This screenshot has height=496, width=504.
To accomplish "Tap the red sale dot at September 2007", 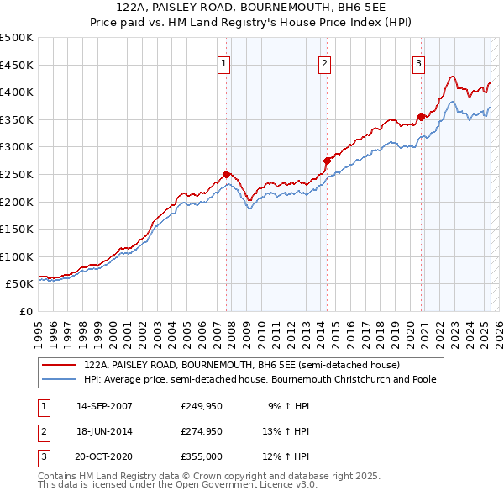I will (226, 174).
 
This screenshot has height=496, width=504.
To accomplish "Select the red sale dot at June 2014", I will (327, 160).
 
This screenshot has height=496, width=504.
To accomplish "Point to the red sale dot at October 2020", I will (421, 117).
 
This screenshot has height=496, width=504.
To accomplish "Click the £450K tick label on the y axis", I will (17, 65).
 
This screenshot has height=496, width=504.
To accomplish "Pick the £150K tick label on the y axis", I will (17, 229).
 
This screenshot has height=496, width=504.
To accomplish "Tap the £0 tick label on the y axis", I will (25, 311).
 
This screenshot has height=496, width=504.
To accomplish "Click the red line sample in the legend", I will (60, 365).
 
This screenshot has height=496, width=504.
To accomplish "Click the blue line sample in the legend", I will (60, 380).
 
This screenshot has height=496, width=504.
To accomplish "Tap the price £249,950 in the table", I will (200, 405).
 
